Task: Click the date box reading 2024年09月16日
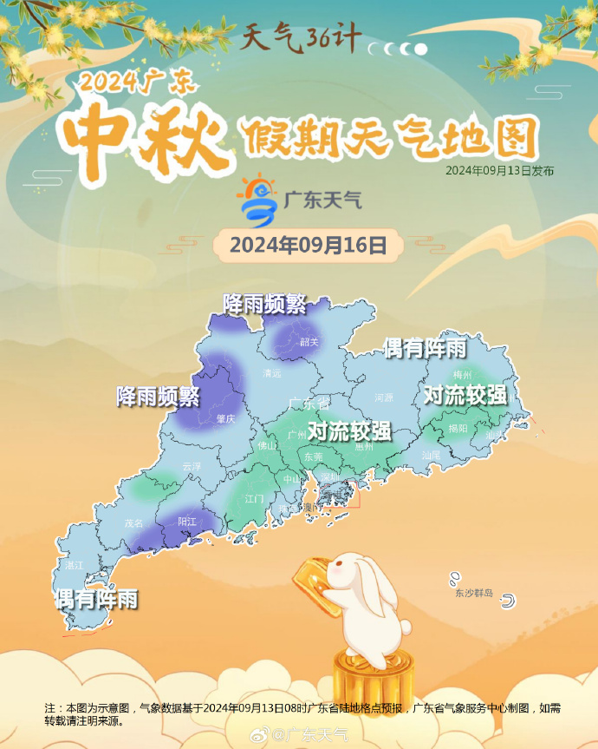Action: (308, 246)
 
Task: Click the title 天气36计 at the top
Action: (299, 39)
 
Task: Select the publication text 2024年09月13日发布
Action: (500, 171)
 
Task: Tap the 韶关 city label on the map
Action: (309, 342)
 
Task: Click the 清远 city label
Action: (272, 373)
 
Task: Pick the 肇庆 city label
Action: (226, 418)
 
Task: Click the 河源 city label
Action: (383, 397)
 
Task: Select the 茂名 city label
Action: (133, 523)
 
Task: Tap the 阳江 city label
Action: (187, 522)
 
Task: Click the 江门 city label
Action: (254, 499)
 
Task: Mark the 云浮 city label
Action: (192, 466)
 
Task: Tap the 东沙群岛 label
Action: (473, 594)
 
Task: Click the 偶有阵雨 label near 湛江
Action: (95, 599)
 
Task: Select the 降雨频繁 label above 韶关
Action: (264, 304)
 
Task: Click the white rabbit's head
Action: (354, 574)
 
